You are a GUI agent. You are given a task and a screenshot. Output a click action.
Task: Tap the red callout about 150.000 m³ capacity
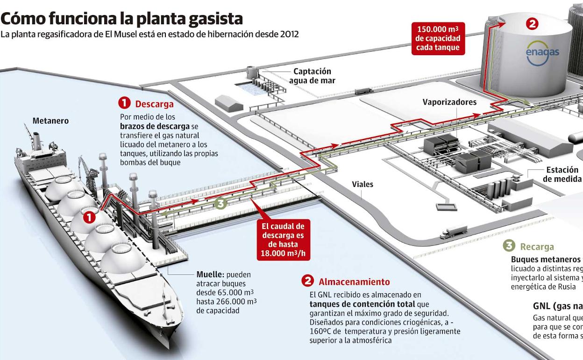[438, 38]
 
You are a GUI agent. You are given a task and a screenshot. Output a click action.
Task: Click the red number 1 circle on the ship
[89, 216]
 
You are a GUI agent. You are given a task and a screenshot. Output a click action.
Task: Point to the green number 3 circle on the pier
[221, 203]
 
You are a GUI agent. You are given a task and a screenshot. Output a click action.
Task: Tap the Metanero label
[50, 121]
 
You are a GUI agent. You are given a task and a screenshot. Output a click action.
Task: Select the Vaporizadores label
[449, 102]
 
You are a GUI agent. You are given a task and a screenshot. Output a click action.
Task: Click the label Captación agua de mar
[312, 76]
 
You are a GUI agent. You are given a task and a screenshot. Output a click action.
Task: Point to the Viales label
[363, 184]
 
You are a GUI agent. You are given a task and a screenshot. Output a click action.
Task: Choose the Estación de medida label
[562, 174]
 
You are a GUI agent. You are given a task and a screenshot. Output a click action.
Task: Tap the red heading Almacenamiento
[354, 281]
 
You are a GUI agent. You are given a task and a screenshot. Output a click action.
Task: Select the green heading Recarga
[537, 246]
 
